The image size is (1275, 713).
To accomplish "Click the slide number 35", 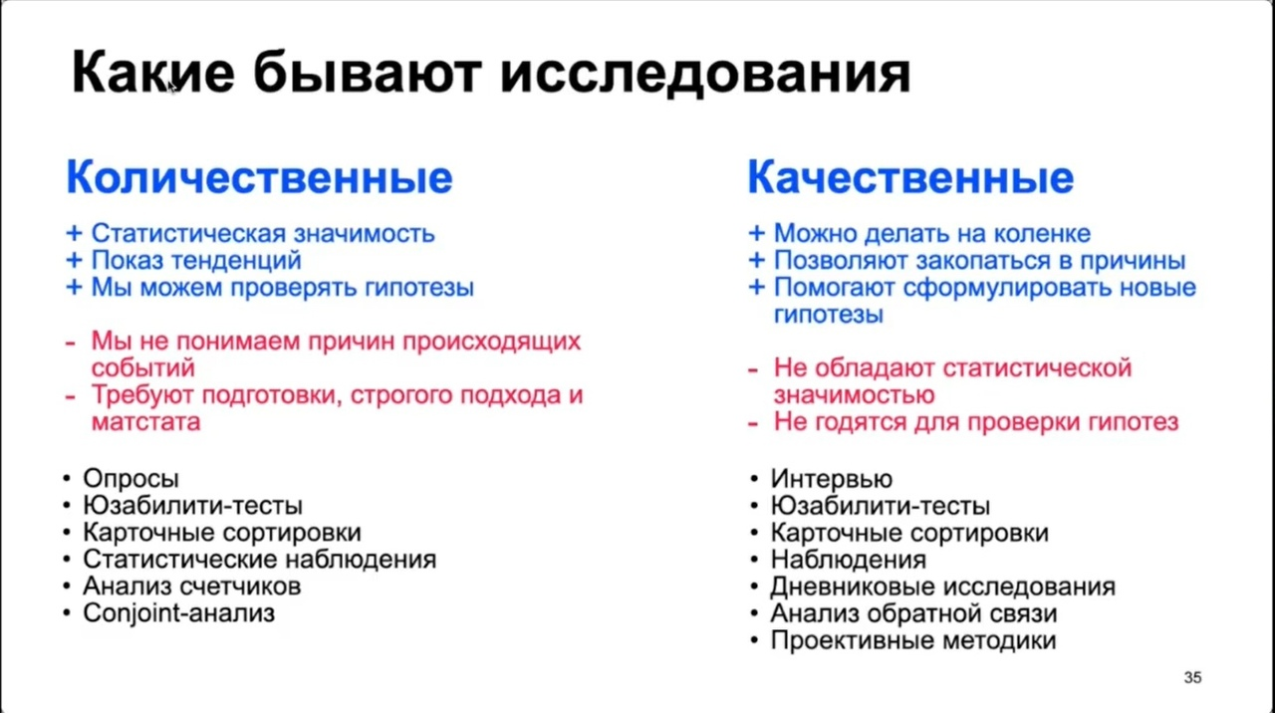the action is pyautogui.click(x=1192, y=677).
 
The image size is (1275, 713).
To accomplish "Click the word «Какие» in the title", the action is pyautogui.click(x=153, y=73).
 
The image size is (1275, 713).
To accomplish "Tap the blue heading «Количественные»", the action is pyautogui.click(x=260, y=177).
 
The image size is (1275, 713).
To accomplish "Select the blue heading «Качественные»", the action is pyautogui.click(x=910, y=177).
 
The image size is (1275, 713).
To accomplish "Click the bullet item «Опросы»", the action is pyautogui.click(x=130, y=479).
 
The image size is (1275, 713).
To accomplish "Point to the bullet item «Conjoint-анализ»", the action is pyautogui.click(x=178, y=613).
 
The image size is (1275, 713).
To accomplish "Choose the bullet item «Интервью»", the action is pyautogui.click(x=831, y=479).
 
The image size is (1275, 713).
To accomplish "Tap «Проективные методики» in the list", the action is pyautogui.click(x=913, y=640).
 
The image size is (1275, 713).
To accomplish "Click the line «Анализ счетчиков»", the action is pyautogui.click(x=192, y=587).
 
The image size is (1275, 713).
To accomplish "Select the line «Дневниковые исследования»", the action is pyautogui.click(x=942, y=587).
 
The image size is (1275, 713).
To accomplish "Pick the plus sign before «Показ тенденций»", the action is pyautogui.click(x=74, y=261).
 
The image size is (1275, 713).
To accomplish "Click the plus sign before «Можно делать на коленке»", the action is pyautogui.click(x=756, y=233).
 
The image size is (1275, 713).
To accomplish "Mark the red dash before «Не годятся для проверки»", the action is pyautogui.click(x=752, y=424).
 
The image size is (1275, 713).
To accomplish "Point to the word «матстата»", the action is pyautogui.click(x=146, y=422).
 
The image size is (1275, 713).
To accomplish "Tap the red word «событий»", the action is pyautogui.click(x=143, y=367).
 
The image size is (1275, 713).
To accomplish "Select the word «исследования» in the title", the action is pyautogui.click(x=705, y=74).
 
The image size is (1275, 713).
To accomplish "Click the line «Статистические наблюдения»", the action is pyautogui.click(x=260, y=560).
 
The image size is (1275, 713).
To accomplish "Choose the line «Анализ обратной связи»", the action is pyautogui.click(x=913, y=613).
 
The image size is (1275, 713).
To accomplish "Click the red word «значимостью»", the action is pyautogui.click(x=854, y=395).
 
